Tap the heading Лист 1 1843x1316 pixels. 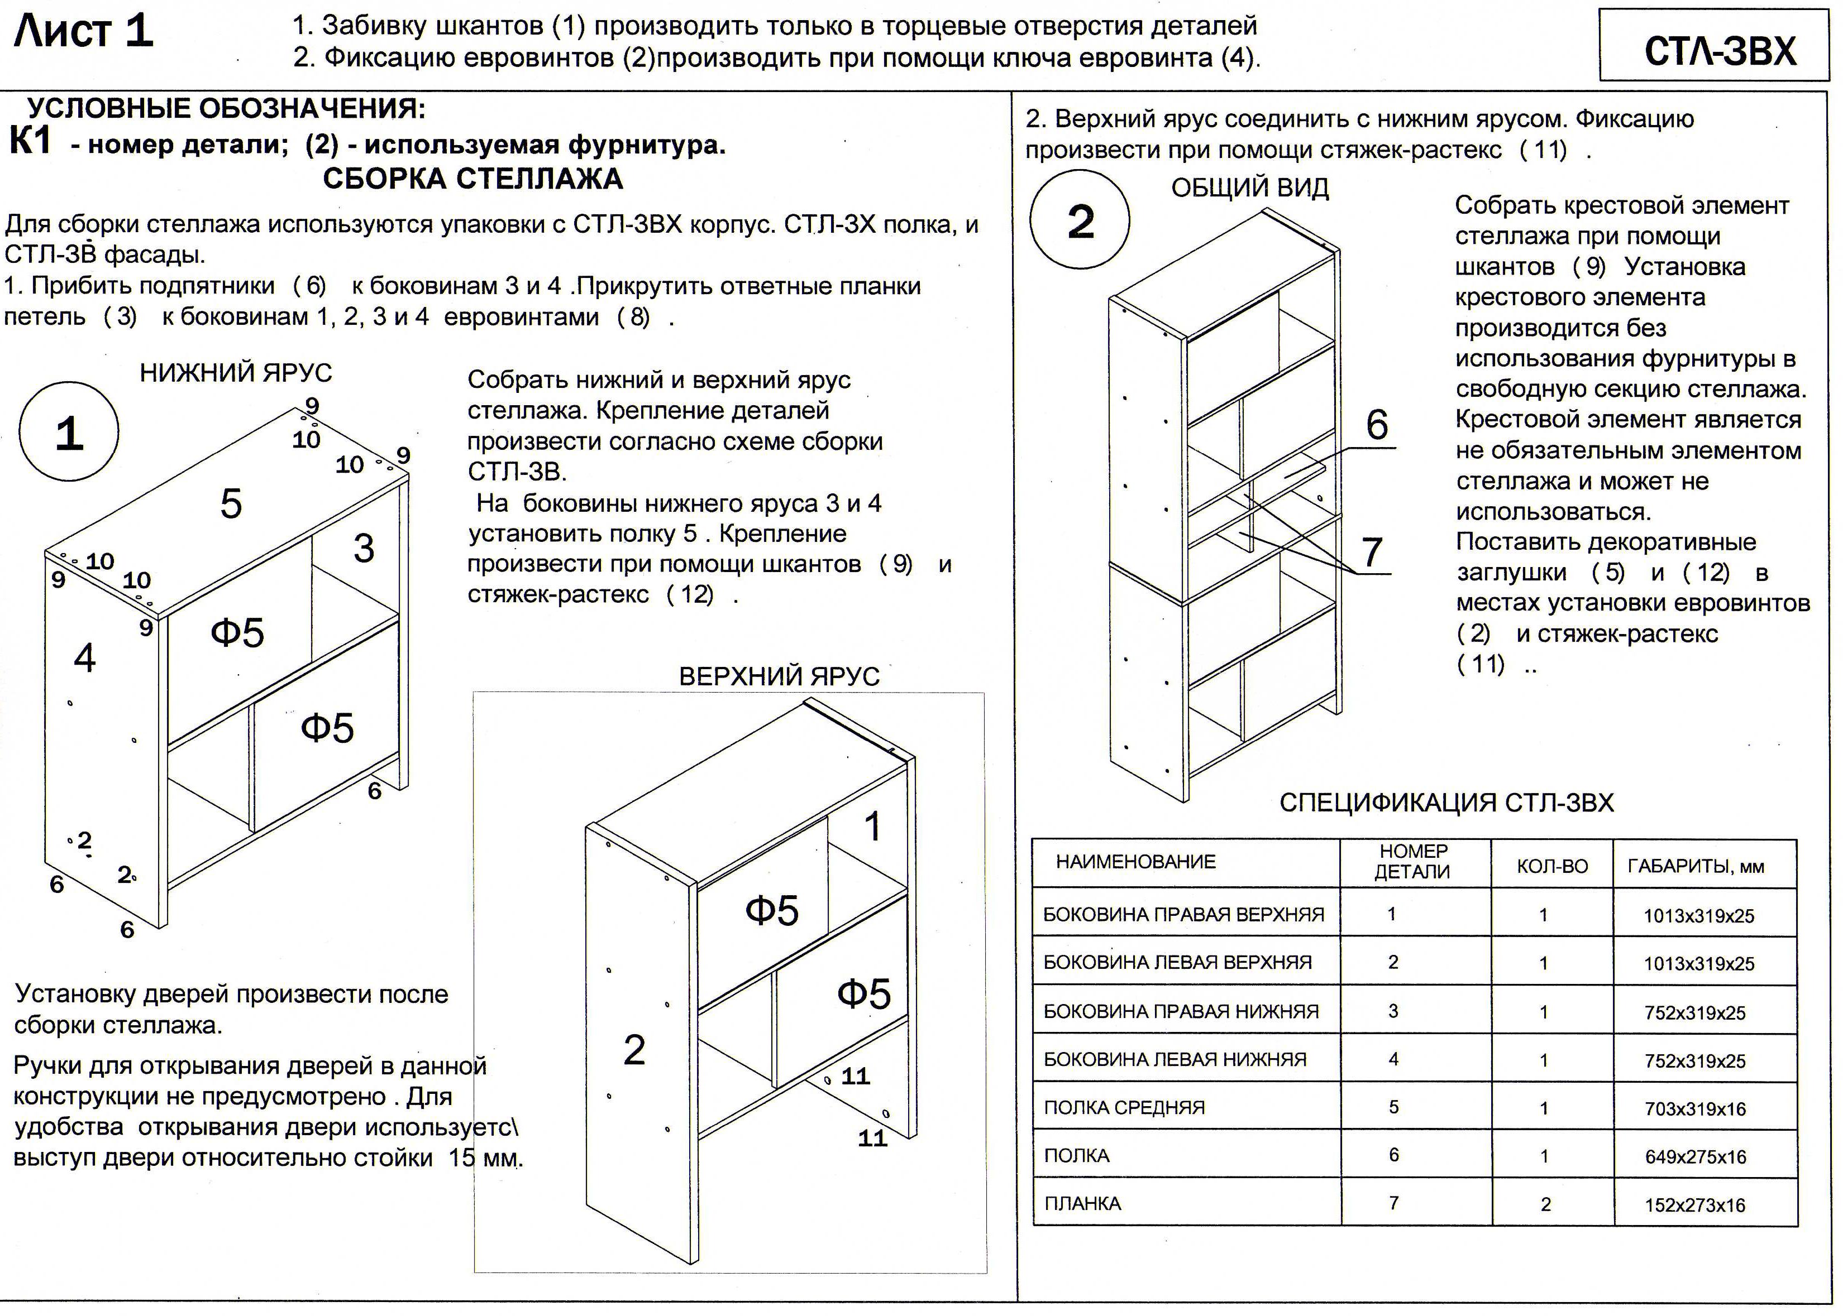pos(84,32)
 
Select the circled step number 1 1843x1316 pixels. pos(69,433)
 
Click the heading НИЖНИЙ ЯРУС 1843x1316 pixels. pos(235,373)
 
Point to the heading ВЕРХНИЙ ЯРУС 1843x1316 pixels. pos(779,676)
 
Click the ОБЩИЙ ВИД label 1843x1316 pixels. pos(1249,188)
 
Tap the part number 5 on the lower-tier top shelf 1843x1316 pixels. pos(231,504)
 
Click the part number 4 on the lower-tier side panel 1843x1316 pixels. pos(84,657)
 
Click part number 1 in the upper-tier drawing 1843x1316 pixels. pos(872,827)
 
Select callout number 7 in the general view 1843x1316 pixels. pos(1371,553)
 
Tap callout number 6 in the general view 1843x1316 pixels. pos(1377,425)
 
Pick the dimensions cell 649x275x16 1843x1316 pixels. pos(1694,1157)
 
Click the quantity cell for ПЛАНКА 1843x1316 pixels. pos(1545,1204)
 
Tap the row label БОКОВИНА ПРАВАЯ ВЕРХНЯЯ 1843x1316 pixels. pos(1183,915)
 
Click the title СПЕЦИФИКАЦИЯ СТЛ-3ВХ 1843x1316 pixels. pos(1446,802)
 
